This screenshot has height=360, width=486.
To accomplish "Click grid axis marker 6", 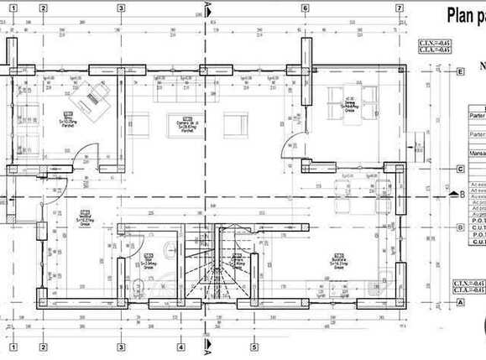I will click(305, 8).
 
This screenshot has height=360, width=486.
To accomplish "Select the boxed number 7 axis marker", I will click(399, 8).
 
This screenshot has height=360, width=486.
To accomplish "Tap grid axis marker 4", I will click(180, 347).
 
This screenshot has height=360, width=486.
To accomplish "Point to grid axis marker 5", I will click(253, 347).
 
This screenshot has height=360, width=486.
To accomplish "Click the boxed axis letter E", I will click(460, 72).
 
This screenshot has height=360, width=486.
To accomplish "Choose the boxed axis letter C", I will click(460, 169).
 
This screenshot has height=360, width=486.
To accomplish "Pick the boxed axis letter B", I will click(460, 227).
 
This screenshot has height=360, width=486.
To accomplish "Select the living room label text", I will click(187, 123).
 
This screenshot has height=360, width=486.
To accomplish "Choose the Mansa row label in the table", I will click(477, 154).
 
